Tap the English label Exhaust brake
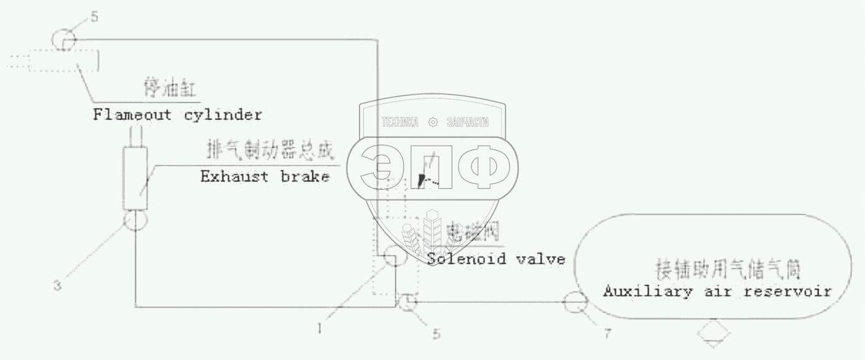click(x=264, y=177)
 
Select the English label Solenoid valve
click(x=496, y=258)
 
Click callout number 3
click(x=57, y=286)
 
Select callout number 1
click(x=320, y=329)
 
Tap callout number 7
click(x=608, y=334)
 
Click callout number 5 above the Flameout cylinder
click(x=94, y=17)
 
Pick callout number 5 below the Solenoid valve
click(x=436, y=334)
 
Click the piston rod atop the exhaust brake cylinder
click(x=135, y=135)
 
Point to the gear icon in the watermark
click(x=433, y=122)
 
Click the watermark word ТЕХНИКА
click(x=400, y=122)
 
